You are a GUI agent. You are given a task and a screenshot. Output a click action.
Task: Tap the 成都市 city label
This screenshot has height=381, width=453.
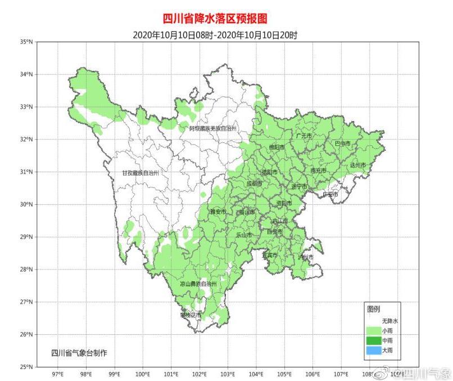pyautogui.click(x=254, y=183)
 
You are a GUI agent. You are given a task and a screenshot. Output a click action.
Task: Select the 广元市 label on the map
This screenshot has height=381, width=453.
pyautogui.click(x=303, y=136)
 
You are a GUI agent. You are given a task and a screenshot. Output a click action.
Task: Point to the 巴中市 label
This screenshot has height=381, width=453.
pyautogui.click(x=342, y=144)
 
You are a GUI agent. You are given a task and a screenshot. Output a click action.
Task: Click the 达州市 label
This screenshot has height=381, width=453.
pyautogui.click(x=357, y=165)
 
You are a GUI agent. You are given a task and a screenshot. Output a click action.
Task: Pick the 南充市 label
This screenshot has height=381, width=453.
pyautogui.click(x=318, y=170)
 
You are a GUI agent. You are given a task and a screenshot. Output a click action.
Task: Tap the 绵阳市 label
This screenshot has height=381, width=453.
pyautogui.click(x=277, y=147)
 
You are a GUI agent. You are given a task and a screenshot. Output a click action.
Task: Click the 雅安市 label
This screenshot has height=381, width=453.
pyautogui.click(x=218, y=212)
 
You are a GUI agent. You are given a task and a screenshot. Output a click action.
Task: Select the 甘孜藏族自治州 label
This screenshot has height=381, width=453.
pyautogui.click(x=141, y=173)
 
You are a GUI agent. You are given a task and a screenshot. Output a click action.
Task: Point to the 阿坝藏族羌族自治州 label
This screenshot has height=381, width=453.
pyautogui.click(x=213, y=129)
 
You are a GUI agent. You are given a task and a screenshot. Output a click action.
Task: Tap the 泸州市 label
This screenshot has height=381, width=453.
pyautogui.click(x=306, y=257)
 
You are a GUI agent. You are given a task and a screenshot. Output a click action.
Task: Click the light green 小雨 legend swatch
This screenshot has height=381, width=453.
pyautogui.click(x=373, y=330)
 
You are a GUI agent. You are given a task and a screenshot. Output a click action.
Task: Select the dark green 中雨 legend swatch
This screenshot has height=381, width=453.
pyautogui.click(x=373, y=340)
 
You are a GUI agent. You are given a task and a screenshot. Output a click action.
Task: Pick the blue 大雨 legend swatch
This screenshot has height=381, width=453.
pyautogui.click(x=373, y=351)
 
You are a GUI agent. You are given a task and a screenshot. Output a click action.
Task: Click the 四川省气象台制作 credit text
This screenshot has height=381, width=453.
pyautogui.click(x=79, y=353)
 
